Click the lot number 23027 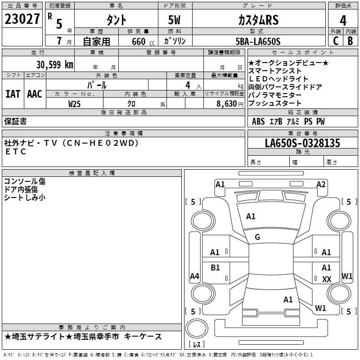coord(22,19)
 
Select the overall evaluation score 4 coord(343,20)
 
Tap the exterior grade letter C coord(335,41)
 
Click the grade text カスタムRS coord(258,20)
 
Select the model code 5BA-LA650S coord(258,42)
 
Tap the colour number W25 coord(75,103)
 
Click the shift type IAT coord(13,94)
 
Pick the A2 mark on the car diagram coord(321,184)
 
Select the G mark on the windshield coord(257,237)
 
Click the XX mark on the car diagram coord(327,279)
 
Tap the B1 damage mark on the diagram coord(216,268)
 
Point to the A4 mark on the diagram coord(194,276)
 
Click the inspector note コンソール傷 coord(25,181)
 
